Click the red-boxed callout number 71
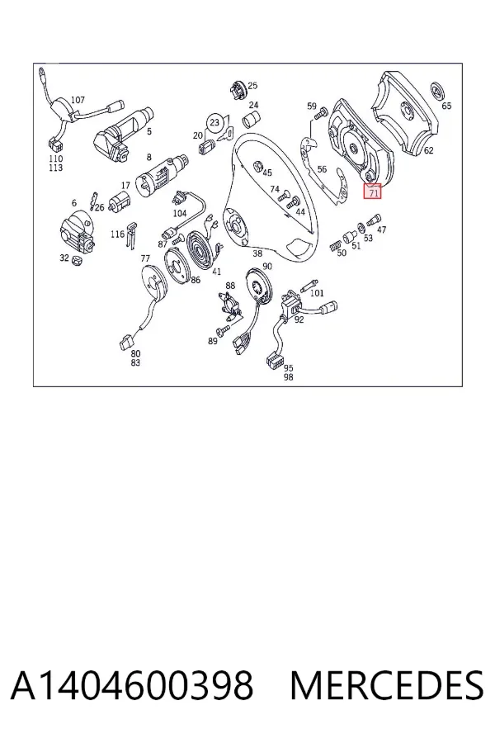pyautogui.click(x=374, y=193)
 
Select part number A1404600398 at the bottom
pyautogui.click(x=132, y=685)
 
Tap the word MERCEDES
pyautogui.click(x=387, y=685)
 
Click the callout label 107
pyautogui.click(x=78, y=100)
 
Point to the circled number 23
pyautogui.click(x=214, y=123)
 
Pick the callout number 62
pyautogui.click(x=428, y=151)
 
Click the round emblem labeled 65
pyautogui.click(x=439, y=92)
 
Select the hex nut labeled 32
pyautogui.click(x=76, y=260)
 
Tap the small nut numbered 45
pyautogui.click(x=258, y=166)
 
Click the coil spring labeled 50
pyautogui.click(x=334, y=244)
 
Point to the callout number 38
pyautogui.click(x=257, y=253)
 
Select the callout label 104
pyautogui.click(x=180, y=213)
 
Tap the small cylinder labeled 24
pyautogui.click(x=252, y=120)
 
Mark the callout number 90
pyautogui.click(x=267, y=267)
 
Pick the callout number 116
pyautogui.click(x=117, y=234)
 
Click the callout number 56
pyautogui.click(x=322, y=169)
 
